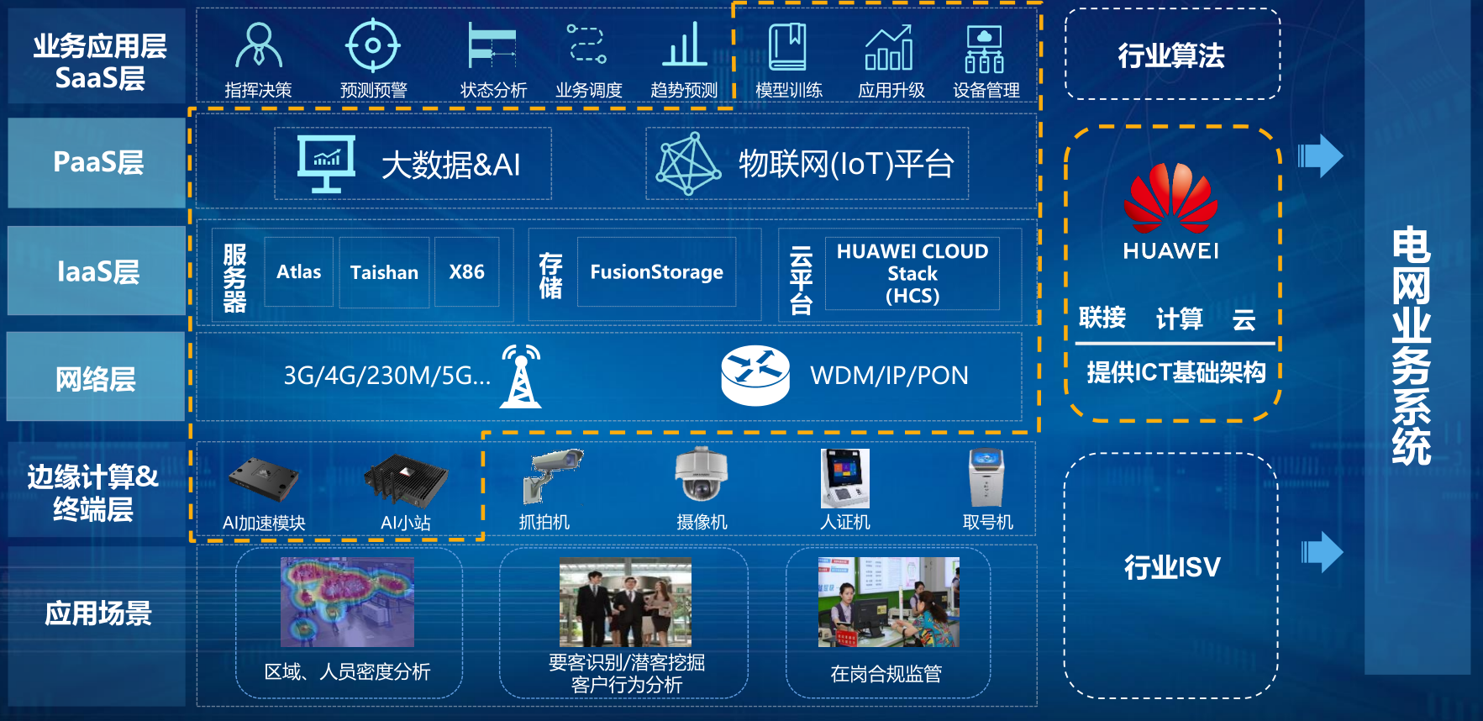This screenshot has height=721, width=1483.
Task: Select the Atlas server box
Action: coord(299,272)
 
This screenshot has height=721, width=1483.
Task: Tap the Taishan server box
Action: coord(384,272)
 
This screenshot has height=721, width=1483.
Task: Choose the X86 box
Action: coord(467,272)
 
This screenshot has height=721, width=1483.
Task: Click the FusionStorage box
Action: coord(656,272)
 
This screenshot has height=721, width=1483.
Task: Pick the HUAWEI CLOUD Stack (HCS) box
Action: coord(912,274)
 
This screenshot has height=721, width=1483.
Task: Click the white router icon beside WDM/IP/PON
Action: coord(755,376)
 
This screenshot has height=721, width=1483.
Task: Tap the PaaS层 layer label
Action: coord(97,162)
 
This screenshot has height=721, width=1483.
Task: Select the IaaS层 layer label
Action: coord(97,271)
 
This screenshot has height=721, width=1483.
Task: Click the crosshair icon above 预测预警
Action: coord(373,45)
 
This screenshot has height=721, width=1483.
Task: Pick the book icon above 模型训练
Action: coord(787,47)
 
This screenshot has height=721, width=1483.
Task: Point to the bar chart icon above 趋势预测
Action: coord(684,45)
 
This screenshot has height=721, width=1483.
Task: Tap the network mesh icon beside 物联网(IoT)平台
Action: coord(688,164)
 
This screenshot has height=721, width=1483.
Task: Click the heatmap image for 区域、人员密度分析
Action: coord(347,602)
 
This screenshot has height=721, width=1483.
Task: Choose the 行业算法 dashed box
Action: coord(1172,55)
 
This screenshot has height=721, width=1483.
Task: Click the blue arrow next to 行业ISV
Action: coord(1322,552)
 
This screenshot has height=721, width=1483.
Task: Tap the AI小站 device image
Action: coord(407,481)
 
